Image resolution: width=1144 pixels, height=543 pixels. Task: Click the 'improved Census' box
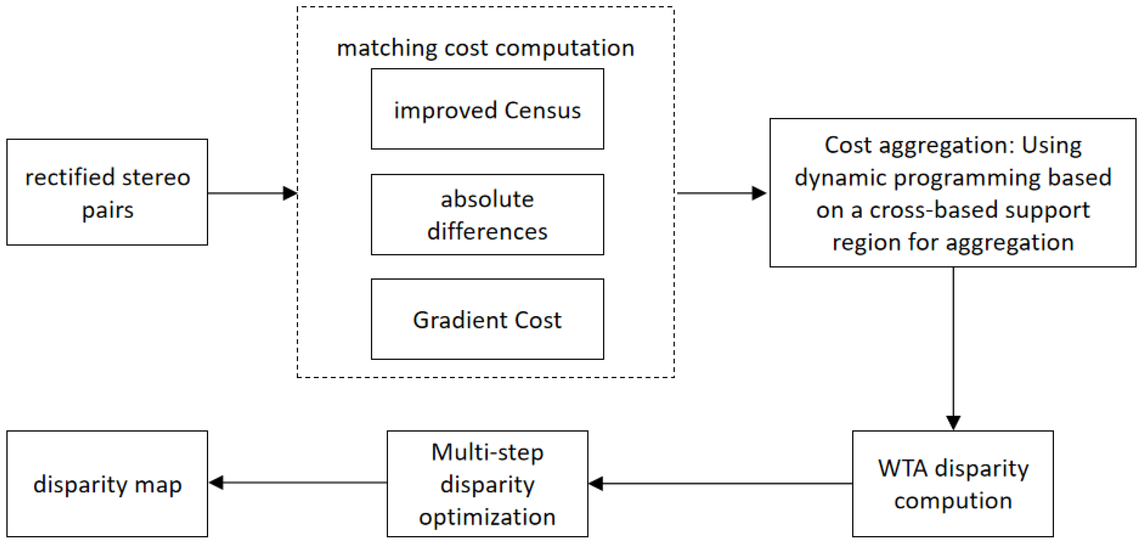point(487,109)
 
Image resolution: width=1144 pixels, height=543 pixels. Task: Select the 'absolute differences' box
point(487,214)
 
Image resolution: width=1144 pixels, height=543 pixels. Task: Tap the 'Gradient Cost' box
point(487,319)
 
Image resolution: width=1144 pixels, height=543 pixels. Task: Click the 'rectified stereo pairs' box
point(107,192)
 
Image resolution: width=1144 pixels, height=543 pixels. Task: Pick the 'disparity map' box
point(107,484)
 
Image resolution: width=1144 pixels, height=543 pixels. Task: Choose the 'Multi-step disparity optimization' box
point(487,484)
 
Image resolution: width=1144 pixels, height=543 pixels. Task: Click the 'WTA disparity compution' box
point(952,484)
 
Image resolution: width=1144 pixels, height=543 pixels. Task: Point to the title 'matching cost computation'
point(485,48)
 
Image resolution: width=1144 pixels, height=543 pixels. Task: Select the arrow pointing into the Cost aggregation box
point(721,193)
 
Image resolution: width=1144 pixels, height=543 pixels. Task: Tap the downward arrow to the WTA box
point(953,348)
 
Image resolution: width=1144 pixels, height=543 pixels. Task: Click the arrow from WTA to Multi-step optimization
point(719,484)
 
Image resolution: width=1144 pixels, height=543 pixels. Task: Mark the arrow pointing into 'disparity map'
point(297,483)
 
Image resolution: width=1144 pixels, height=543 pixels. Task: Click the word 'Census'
point(542,110)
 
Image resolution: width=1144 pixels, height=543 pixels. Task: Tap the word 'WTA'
point(902,468)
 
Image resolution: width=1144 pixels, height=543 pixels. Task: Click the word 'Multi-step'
point(487,452)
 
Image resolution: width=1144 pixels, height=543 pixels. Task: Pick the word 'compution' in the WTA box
point(952,501)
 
